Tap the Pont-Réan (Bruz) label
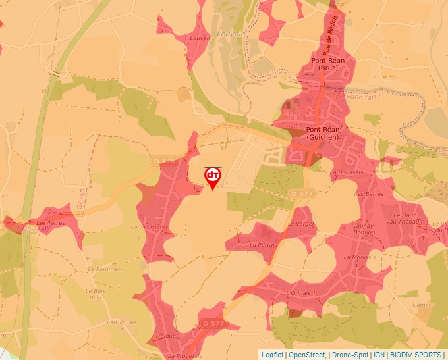(x=327, y=63)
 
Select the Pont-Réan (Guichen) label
(x=322, y=133)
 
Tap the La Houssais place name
(x=347, y=172)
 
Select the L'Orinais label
(x=298, y=292)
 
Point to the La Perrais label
(x=262, y=244)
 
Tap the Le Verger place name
(x=301, y=224)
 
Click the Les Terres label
(x=50, y=223)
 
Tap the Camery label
(x=423, y=305)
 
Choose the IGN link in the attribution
(x=379, y=355)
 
